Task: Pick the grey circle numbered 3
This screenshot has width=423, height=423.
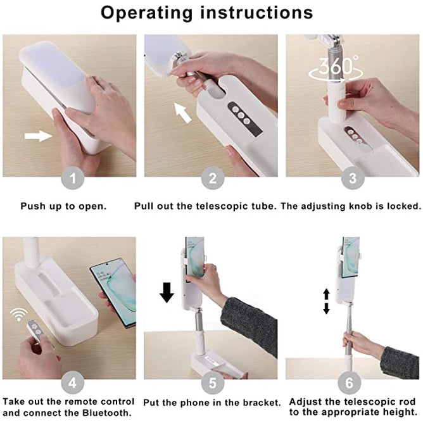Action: (353, 179)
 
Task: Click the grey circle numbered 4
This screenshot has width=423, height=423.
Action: (73, 382)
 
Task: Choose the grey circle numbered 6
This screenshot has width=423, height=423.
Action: (353, 382)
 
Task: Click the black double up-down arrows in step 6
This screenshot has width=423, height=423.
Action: (327, 301)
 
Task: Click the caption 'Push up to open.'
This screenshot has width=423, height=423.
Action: (63, 206)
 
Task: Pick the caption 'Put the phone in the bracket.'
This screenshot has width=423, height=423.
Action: (213, 402)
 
